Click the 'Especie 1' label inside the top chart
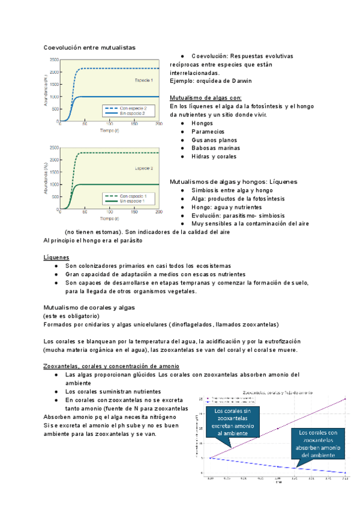143,80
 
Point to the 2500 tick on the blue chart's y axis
54,60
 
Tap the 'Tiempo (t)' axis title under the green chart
109,218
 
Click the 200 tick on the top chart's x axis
158,125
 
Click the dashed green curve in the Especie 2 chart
120,153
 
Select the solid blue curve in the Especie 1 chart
120,97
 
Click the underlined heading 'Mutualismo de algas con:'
206,97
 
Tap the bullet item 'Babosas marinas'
215,148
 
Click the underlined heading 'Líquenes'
56,257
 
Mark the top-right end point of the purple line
345,399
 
